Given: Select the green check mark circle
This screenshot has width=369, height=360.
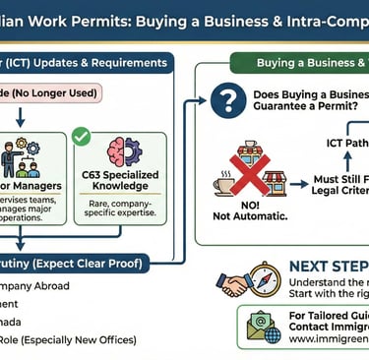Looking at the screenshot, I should tap(82, 136).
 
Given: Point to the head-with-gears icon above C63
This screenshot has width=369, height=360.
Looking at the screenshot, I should tap(124, 152).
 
